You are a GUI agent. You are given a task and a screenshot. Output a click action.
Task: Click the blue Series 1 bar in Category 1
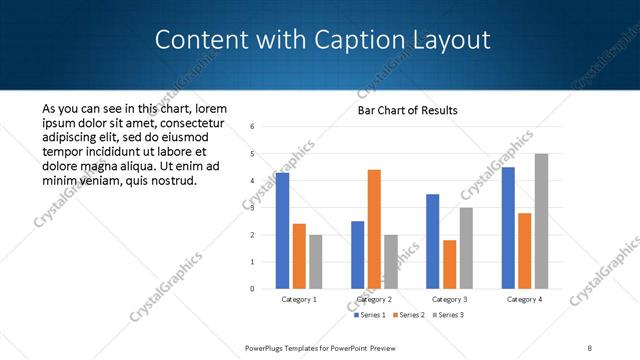pos(283,231)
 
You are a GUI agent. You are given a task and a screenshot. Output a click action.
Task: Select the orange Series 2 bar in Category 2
pos(374,229)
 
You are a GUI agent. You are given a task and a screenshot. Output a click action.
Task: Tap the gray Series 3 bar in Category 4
pos(541,221)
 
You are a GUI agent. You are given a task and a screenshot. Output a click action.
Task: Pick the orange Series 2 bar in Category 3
pos(450,264)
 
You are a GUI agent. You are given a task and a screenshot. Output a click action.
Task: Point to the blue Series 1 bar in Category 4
pos(508,228)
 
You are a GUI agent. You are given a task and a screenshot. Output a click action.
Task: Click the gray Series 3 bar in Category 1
pos(316,262)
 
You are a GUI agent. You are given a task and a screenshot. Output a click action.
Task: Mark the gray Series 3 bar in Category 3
pos(466,248)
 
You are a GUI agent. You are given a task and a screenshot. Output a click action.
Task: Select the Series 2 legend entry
pos(409,315)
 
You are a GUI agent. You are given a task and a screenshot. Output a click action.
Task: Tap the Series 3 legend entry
pos(449,315)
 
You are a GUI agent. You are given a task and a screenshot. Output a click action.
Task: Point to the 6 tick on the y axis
pos(252,127)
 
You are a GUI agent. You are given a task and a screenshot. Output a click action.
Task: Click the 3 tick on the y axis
pos(252,208)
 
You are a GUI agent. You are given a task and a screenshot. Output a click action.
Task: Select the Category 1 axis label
pos(299,299)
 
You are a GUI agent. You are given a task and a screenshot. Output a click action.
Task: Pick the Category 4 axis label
pos(524,299)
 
